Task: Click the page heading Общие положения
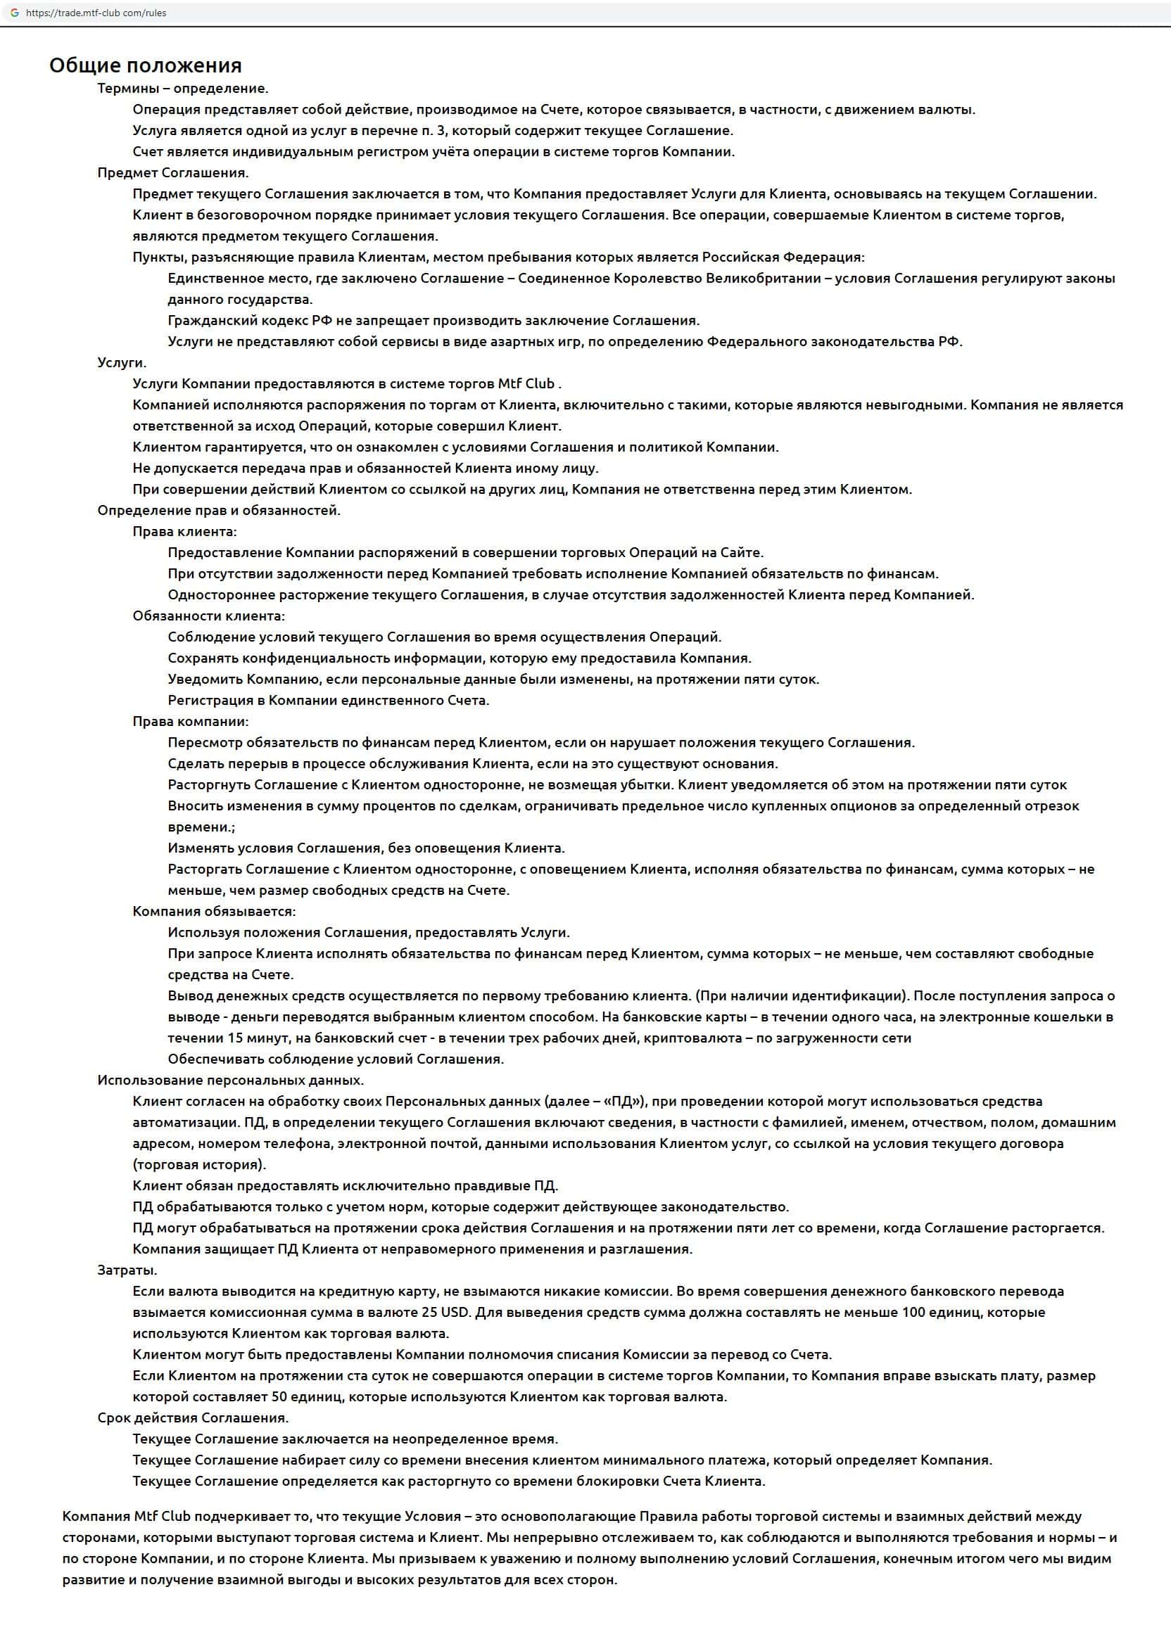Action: (146, 66)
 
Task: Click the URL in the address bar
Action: (96, 13)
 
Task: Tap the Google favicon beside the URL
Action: (14, 13)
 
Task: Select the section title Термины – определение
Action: (183, 89)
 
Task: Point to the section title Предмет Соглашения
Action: (172, 172)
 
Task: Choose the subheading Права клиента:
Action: (184, 532)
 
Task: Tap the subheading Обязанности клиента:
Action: (208, 616)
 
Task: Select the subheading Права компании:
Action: (191, 722)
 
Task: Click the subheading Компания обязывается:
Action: (213, 912)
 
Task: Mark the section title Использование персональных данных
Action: (231, 1081)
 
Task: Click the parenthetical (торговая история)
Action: (199, 1164)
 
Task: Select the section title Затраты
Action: (127, 1270)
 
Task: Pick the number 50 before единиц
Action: (279, 1396)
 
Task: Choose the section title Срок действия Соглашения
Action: (193, 1418)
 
